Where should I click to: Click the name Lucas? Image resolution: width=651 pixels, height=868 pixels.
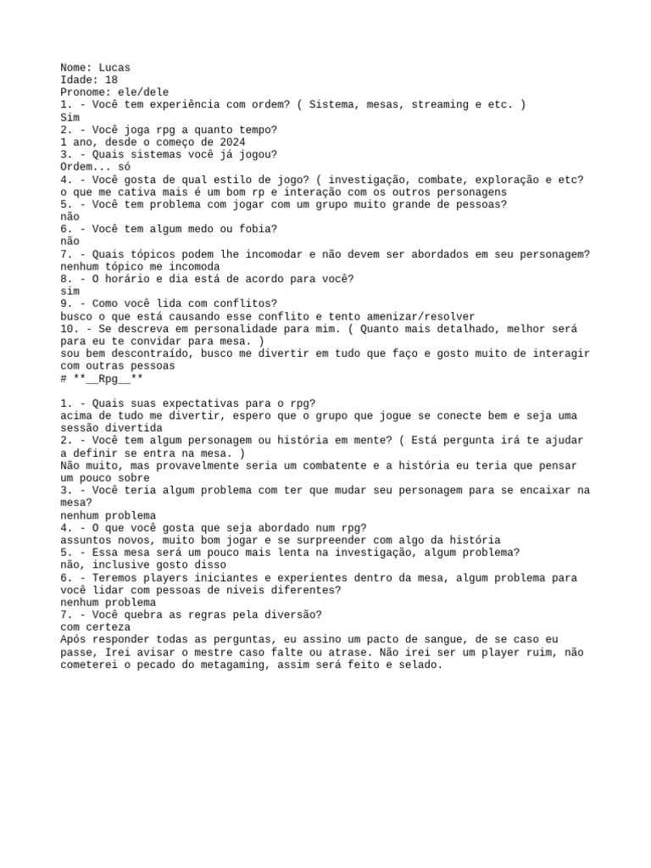click(x=114, y=67)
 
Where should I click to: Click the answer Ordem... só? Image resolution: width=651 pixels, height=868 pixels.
click(x=96, y=167)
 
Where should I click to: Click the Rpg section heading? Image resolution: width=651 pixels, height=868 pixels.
click(x=96, y=378)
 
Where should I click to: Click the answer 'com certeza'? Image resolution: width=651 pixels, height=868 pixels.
click(x=96, y=626)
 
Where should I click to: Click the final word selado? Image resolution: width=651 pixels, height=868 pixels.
click(x=420, y=665)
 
